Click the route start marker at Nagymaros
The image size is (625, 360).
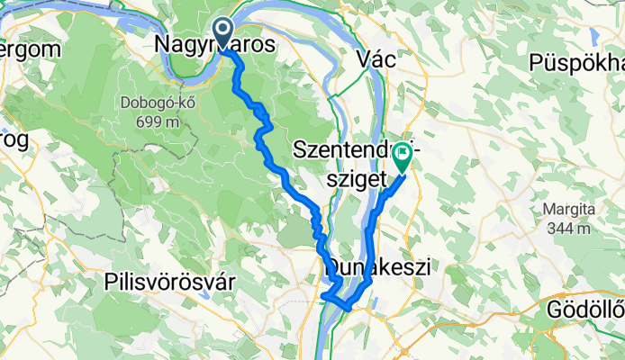coord(222,32)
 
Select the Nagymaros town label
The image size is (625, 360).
coord(215,44)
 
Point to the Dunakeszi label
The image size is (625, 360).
coord(376,266)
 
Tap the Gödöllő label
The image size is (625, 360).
coord(586,310)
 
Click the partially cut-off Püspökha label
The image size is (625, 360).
coord(577,62)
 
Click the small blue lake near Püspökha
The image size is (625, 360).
coord(593,36)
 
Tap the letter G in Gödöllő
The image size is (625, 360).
coord(555,311)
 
